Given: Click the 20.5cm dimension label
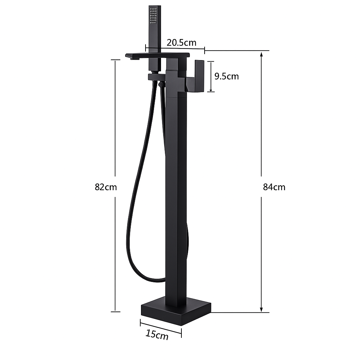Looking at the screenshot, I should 181,43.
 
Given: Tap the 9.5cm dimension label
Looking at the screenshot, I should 226,76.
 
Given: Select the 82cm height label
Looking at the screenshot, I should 105,187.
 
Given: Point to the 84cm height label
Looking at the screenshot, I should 274,187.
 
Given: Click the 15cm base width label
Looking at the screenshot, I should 157,334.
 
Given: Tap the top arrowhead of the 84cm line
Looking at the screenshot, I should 261,54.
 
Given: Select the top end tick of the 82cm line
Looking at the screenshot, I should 115,60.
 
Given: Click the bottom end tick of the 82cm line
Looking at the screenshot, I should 115,311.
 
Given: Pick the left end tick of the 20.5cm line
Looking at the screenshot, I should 146,47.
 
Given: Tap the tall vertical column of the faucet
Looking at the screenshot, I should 176,193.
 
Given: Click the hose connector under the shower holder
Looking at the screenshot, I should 161,84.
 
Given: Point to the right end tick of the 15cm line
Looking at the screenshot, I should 181,332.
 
